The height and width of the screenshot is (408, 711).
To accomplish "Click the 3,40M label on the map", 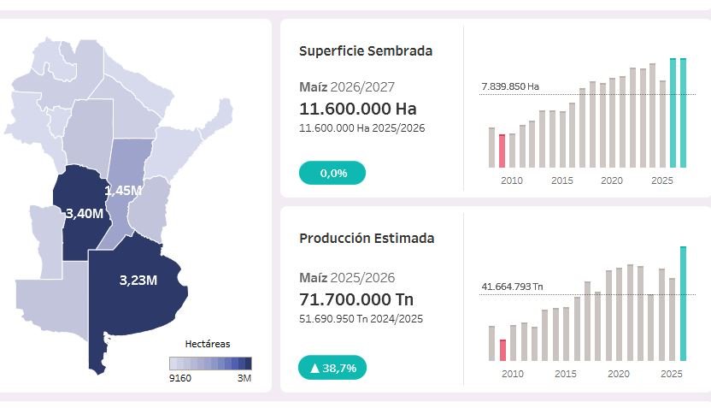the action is [x=85, y=213].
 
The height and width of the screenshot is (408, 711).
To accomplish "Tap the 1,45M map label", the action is [x=123, y=191].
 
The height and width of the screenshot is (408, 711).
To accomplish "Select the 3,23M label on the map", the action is [x=138, y=281].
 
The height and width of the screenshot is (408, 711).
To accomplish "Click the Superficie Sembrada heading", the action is [x=366, y=50].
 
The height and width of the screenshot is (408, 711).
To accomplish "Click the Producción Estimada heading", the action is [x=367, y=239].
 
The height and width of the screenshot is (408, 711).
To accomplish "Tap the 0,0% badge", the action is [x=332, y=173].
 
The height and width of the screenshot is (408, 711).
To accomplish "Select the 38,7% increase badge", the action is [x=332, y=368].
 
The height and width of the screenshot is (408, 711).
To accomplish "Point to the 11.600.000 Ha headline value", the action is [x=358, y=109].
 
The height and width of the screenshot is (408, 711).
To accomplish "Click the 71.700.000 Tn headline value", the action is [x=356, y=299].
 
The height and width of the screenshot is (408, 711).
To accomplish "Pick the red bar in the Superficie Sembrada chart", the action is [x=502, y=151].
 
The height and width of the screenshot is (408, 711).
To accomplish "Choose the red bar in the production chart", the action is [x=502, y=350].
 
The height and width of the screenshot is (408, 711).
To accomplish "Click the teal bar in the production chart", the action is [x=684, y=304].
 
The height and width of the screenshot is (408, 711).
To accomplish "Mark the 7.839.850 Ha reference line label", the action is [x=510, y=86].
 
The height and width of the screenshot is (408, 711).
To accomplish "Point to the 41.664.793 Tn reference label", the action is [x=512, y=287].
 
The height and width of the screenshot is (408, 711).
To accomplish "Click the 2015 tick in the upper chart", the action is [x=562, y=180].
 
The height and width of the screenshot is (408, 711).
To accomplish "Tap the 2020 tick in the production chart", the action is [x=619, y=374].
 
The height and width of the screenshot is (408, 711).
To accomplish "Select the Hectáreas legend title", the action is [x=208, y=344].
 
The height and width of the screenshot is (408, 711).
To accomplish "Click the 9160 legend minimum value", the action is [x=180, y=378].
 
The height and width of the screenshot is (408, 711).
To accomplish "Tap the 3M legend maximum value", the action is [x=244, y=378].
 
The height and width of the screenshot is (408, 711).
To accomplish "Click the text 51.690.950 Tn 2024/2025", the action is [x=361, y=319].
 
